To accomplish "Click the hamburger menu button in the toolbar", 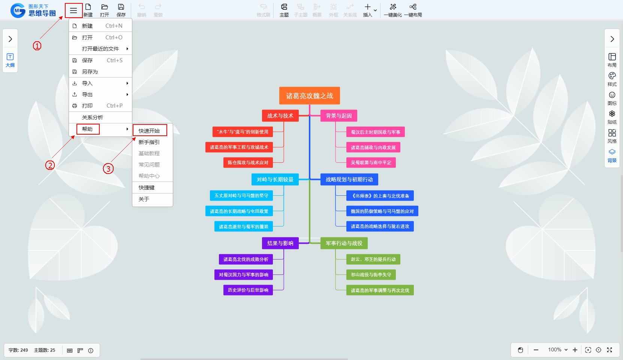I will click(x=73, y=10).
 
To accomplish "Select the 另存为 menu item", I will click(x=90, y=72).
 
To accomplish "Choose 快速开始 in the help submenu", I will click(x=149, y=130).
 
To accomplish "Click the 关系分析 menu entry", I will click(x=93, y=117).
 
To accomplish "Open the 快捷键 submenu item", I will click(x=147, y=187).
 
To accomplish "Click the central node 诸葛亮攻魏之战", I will click(x=309, y=96).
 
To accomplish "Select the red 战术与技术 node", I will click(x=280, y=115).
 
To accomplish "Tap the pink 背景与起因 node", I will click(x=338, y=115).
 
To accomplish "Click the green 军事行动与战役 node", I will click(x=344, y=243).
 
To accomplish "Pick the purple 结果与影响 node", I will click(x=280, y=243).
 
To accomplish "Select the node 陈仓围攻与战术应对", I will click(x=248, y=162).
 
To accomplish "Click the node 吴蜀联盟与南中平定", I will click(x=371, y=162).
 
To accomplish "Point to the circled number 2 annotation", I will click(x=50, y=165).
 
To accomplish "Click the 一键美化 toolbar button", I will click(x=392, y=10).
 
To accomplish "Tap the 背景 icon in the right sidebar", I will click(x=612, y=155).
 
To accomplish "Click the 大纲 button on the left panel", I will click(x=10, y=60).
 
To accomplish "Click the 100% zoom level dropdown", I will click(x=558, y=350).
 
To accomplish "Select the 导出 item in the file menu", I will click(x=87, y=94).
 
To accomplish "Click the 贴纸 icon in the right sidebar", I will click(x=612, y=117).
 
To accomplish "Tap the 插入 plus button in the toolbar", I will click(x=368, y=10).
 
